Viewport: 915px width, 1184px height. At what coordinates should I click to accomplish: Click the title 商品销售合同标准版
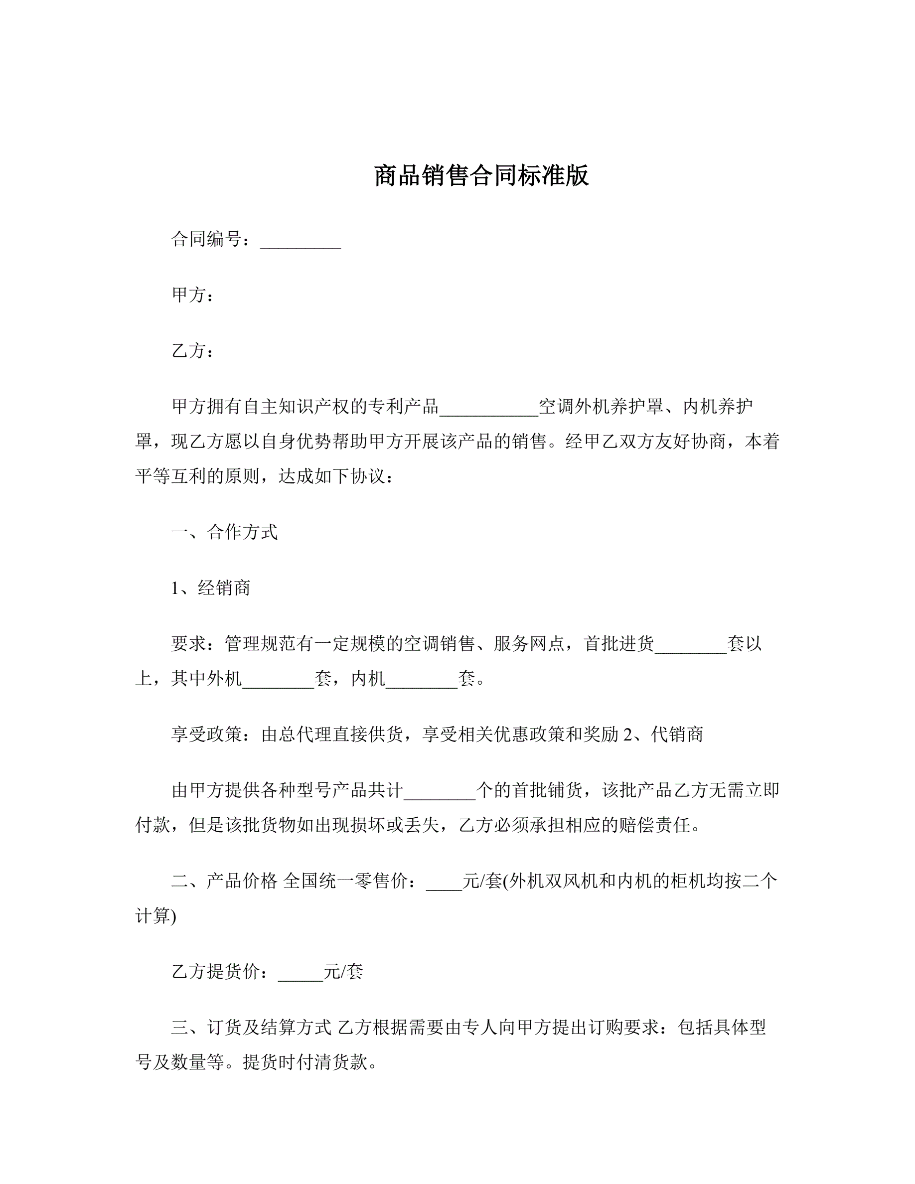click(x=481, y=176)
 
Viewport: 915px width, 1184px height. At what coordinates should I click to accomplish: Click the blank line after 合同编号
click(x=301, y=241)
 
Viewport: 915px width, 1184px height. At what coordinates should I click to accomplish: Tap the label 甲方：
click(x=193, y=295)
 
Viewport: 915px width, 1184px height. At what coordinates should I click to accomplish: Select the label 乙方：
click(x=193, y=351)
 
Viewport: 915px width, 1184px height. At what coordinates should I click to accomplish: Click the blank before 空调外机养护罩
click(x=488, y=408)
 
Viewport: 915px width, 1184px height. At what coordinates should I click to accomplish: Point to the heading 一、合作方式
click(x=224, y=532)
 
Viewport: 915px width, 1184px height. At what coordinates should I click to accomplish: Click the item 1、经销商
click(x=211, y=588)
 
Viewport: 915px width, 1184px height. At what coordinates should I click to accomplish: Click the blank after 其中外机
click(x=278, y=679)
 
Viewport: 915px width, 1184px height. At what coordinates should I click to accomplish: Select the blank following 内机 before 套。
click(x=421, y=679)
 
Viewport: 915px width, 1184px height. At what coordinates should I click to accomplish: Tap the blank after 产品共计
click(x=439, y=791)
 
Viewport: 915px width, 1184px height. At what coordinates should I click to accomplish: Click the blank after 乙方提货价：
click(x=301, y=972)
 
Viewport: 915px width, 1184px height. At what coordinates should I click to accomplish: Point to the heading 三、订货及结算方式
click(x=251, y=1028)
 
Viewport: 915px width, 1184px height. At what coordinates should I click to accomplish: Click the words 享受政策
click(x=206, y=735)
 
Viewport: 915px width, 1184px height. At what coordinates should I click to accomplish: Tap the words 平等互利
click(x=171, y=476)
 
